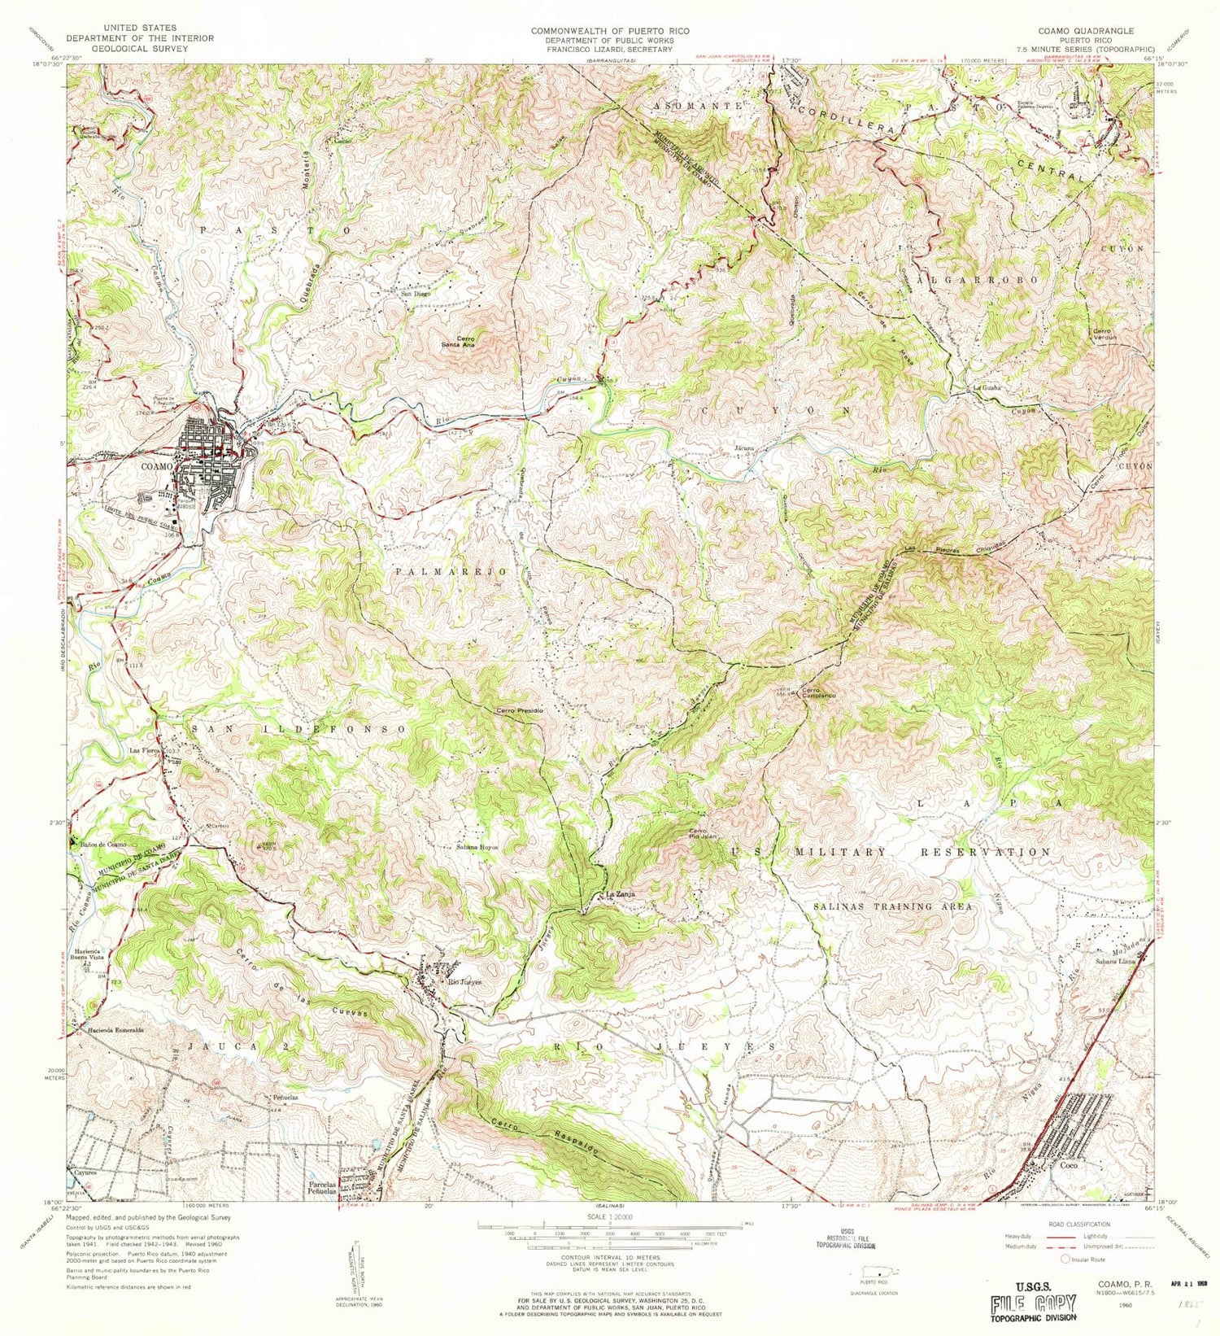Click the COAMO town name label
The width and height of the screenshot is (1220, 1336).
point(157,466)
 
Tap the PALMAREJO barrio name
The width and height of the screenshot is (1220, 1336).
point(451,572)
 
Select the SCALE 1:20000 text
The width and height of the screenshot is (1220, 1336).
point(610,1217)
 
